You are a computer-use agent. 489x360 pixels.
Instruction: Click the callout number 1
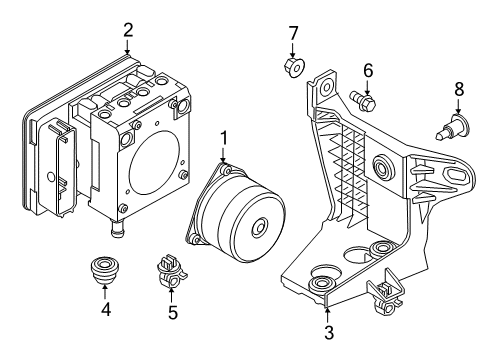[x=224, y=136]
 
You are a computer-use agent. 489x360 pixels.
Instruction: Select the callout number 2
[x=127, y=29]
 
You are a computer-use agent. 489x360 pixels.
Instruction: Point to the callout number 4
[x=105, y=312]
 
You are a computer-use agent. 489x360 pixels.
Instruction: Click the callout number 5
[x=172, y=312]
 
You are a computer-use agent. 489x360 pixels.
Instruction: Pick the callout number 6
[x=367, y=70]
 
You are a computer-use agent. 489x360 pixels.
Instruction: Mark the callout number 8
[x=459, y=90]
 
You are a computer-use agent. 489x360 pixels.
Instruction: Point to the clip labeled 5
[x=171, y=270]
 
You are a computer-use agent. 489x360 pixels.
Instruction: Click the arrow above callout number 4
[x=105, y=291]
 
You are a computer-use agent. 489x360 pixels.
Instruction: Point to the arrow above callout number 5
[x=172, y=292]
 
